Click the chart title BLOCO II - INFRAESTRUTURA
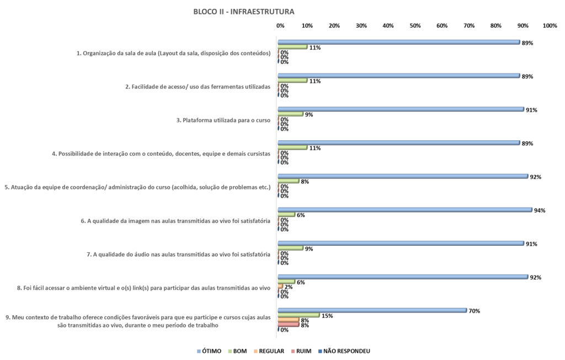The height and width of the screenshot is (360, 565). pos(243,11)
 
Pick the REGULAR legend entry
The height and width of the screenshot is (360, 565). pos(270,351)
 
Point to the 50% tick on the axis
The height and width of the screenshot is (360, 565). pos(415,26)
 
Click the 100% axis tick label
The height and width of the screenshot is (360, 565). pos(550,26)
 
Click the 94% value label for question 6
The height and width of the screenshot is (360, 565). pos(540,210)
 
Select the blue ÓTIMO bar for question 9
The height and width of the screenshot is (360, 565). pos(372,310)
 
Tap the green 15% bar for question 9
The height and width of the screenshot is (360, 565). pos(299,315)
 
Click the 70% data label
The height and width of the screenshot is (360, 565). pos(474,311)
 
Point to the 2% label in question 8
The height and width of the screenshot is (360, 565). pos(288,287)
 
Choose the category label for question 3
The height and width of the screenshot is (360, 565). pos(226,120)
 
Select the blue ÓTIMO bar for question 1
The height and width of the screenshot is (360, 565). pos(398,42)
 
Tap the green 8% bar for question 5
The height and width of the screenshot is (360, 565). pos(289,181)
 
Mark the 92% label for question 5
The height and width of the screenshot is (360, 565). pos(535,177)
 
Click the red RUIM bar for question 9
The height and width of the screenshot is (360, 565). pos(289,325)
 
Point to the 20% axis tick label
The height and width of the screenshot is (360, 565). pos(334,26)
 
